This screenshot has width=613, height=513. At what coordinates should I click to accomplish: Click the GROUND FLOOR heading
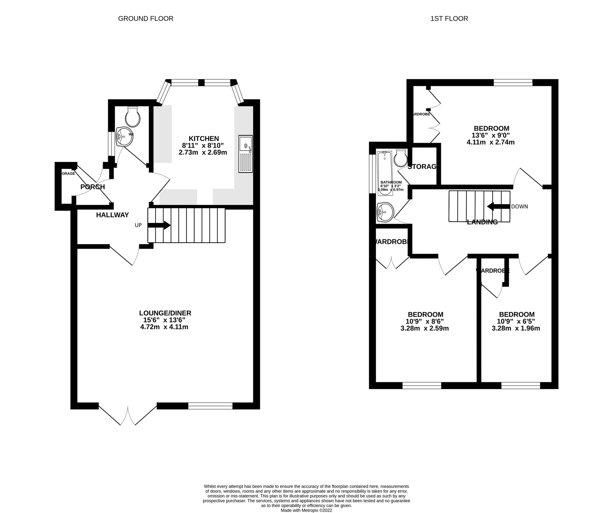pos(146,19)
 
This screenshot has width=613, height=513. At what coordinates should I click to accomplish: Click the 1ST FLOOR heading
pos(449,19)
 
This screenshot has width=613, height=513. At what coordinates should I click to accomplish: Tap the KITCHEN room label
pos(204,139)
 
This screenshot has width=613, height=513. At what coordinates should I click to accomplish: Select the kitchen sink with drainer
pos(245,154)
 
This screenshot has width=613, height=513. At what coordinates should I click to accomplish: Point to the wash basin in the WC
pos(124,137)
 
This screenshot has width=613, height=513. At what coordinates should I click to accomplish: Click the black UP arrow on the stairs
pos(159,225)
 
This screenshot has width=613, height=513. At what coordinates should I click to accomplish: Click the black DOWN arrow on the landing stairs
pos(498,207)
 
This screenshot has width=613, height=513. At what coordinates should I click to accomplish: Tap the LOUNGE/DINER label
pos(165,313)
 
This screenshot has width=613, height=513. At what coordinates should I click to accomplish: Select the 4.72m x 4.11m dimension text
pos(164,327)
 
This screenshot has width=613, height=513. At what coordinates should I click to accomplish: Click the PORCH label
pos(93,187)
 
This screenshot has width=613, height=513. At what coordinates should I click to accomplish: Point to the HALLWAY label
pos(112,215)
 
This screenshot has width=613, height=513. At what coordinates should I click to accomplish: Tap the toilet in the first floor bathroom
pos(401,158)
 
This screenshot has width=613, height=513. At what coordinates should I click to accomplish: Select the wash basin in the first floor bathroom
pos(385,212)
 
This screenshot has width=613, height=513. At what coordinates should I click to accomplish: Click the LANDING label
pos(482,222)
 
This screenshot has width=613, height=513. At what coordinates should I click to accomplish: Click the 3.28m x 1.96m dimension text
pos(516,328)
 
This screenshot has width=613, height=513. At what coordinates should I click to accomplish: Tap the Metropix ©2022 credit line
pos(306,510)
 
